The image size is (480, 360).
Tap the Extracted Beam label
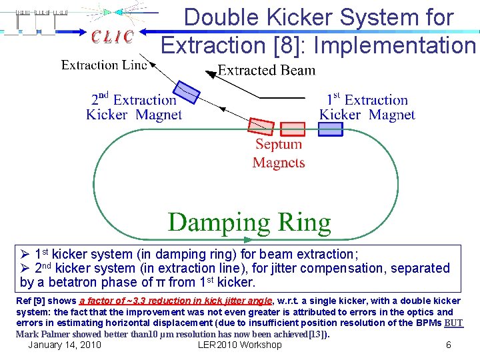(267, 70)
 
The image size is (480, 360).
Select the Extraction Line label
(104, 65)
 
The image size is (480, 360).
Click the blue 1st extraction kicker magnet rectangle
(331, 129)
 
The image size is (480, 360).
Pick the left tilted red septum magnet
(261, 127)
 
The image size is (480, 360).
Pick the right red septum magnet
(292, 129)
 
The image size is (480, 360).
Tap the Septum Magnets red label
(279, 153)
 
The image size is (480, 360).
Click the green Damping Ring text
(249, 222)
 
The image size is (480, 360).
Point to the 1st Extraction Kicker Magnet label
(367, 107)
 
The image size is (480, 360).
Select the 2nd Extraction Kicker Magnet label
(134, 107)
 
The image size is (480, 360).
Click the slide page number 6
(449, 345)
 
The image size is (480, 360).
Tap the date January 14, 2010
(65, 345)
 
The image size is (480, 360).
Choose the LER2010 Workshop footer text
(240, 345)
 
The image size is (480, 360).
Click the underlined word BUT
(453, 323)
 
